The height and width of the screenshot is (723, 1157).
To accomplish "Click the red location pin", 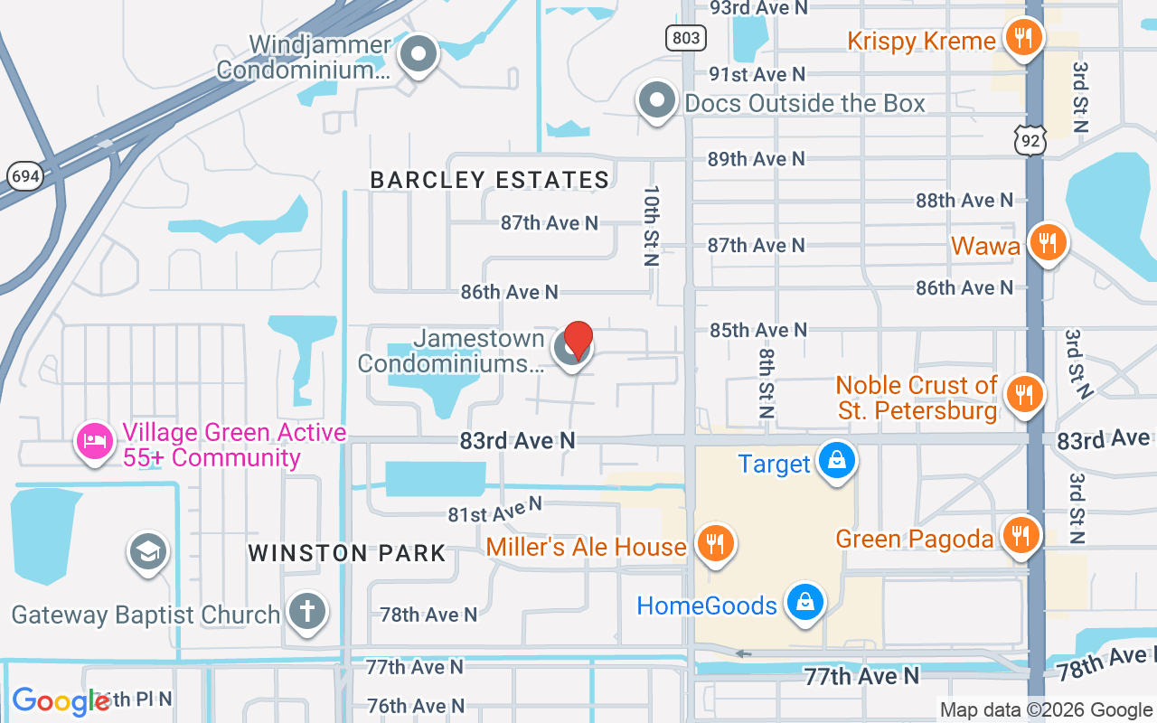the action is click(578, 340).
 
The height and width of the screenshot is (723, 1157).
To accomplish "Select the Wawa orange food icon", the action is click(1048, 242).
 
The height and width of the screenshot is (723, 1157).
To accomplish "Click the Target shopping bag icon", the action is click(837, 460).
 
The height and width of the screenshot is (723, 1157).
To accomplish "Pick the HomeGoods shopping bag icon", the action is click(804, 601).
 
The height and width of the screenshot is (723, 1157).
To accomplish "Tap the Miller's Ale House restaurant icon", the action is click(715, 543).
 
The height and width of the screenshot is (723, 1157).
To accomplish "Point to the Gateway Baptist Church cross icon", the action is click(306, 612).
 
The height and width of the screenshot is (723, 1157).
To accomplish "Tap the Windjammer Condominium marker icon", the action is click(418, 54).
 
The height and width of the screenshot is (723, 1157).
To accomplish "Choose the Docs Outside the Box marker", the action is click(657, 101).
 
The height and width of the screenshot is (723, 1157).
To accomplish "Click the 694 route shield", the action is click(25, 176).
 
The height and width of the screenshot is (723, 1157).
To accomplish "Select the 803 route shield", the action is click(686, 37).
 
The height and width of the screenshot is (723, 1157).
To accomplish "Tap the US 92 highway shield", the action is click(1030, 140).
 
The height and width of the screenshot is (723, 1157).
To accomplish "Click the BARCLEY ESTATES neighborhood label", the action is click(490, 180).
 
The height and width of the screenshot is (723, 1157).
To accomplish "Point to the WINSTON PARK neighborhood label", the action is click(347, 553).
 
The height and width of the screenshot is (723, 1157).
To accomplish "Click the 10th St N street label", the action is click(652, 226).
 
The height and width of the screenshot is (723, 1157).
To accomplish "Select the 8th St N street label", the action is click(766, 383).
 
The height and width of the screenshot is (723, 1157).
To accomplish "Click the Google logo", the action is click(60, 700).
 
